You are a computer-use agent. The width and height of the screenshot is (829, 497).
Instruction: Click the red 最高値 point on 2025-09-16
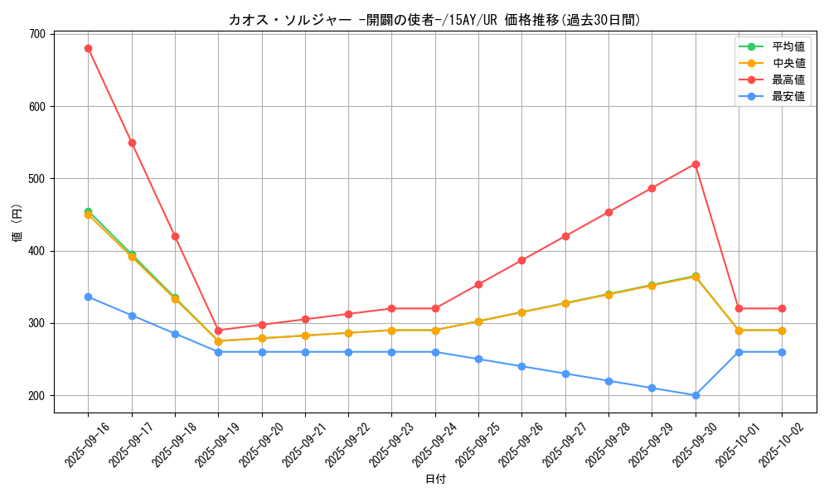pos(88,48)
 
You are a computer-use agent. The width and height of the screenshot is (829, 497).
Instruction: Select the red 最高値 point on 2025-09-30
pos(696,164)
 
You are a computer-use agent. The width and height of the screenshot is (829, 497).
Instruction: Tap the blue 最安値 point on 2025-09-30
pos(696,395)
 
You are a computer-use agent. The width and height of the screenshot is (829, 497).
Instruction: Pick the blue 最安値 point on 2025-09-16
pos(88,297)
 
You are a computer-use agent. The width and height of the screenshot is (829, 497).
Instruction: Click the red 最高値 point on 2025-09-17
pos(132,142)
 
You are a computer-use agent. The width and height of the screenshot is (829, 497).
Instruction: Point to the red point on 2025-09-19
pos(218,331)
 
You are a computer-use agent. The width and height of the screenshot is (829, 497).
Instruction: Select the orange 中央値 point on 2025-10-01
pos(739,331)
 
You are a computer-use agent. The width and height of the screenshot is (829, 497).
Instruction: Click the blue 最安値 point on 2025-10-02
pos(782,352)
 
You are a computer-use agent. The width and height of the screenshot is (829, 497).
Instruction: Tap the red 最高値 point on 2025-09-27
pos(565,236)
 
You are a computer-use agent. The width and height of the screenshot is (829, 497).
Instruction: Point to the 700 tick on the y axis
pos(37,34)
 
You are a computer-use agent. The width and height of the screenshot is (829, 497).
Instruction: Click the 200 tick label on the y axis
pos(37,395)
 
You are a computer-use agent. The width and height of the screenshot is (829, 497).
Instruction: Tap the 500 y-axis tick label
pos(37,178)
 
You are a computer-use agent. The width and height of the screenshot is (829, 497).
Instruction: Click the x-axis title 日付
pos(435,480)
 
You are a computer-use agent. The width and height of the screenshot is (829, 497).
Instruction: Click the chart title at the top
pos(434,20)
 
